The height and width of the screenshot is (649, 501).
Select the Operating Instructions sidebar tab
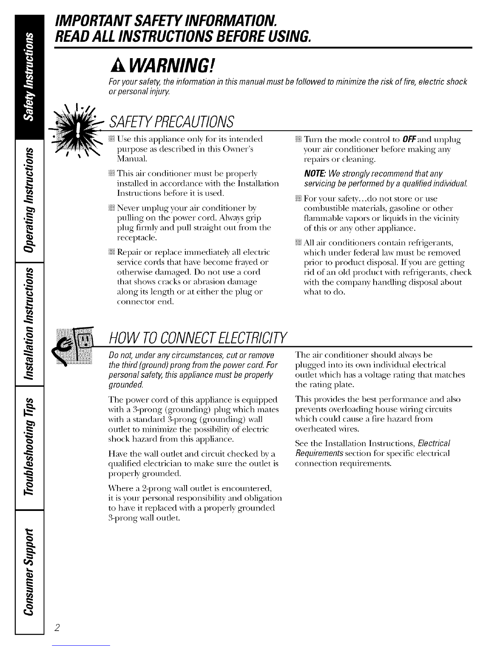pyautogui.click(x=29, y=198)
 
